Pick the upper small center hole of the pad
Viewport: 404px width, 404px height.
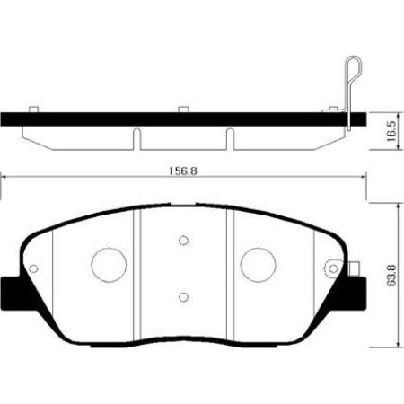(183, 240)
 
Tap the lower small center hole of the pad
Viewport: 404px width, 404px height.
(183, 297)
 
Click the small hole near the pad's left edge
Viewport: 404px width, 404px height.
(33, 267)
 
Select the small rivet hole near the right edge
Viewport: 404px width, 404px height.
(333, 266)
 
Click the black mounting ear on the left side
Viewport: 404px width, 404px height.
(11, 292)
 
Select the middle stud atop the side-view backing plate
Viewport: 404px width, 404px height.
(182, 110)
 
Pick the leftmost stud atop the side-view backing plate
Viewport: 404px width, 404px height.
(34, 110)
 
